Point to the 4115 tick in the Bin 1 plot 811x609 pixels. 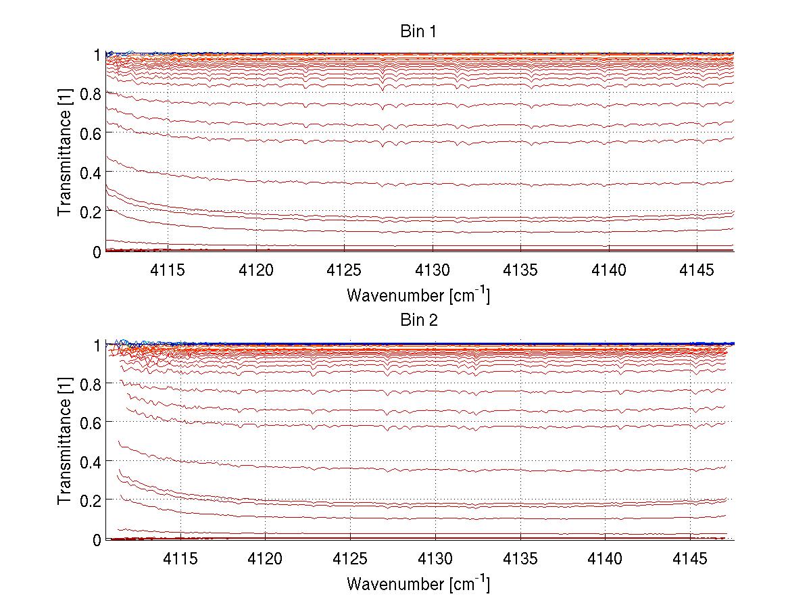[x=168, y=269]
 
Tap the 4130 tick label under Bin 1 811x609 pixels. [x=433, y=269]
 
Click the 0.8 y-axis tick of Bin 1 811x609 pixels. [x=91, y=94]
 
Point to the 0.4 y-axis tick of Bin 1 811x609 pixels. [x=91, y=172]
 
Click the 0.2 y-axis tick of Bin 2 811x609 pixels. [x=91, y=500]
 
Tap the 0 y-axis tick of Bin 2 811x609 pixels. [x=97, y=539]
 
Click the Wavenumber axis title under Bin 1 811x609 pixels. [x=418, y=295]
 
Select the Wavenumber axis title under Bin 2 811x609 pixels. [x=418, y=583]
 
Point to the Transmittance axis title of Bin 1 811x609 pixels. [x=65, y=153]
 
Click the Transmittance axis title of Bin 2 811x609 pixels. [x=65, y=441]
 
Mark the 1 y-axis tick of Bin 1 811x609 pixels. [x=97, y=54]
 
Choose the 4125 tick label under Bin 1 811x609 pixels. [x=344, y=269]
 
